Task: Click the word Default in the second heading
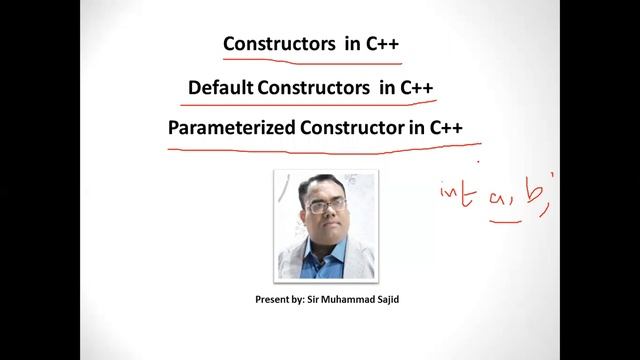click(x=220, y=87)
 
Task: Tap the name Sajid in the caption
click(x=394, y=298)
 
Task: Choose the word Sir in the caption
click(x=315, y=298)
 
